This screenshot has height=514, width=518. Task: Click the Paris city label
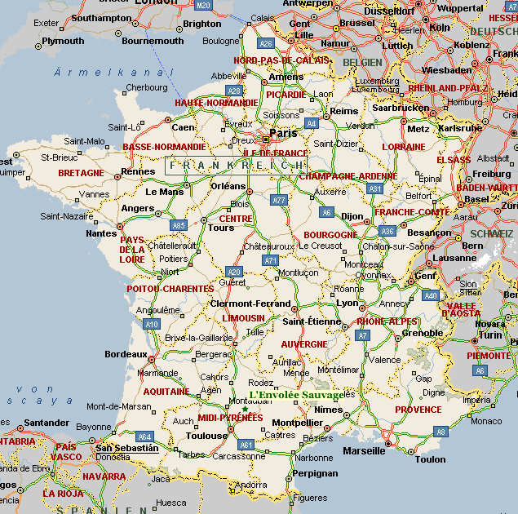pyautogui.click(x=283, y=133)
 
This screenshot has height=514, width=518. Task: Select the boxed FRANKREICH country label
pyautogui.click(x=236, y=165)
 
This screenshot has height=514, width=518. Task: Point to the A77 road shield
pyautogui.click(x=280, y=199)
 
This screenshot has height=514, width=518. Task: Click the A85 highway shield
pyautogui.click(x=179, y=224)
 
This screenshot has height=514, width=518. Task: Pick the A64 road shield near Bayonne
pyautogui.click(x=144, y=436)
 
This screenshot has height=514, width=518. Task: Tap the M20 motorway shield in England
pyautogui.click(x=203, y=5)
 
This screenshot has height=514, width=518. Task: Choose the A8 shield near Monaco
pyautogui.click(x=441, y=431)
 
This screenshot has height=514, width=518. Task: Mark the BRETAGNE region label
pyautogui.click(x=81, y=173)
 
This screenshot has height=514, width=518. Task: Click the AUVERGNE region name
pyautogui.click(x=304, y=344)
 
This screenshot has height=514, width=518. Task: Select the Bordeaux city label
pyautogui.click(x=126, y=354)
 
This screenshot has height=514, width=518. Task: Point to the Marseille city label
pyautogui.click(x=364, y=450)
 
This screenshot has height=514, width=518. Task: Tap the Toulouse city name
pyautogui.click(x=206, y=436)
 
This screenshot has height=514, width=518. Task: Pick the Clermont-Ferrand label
pyautogui.click(x=250, y=304)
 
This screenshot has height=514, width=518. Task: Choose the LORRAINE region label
pyautogui.click(x=403, y=147)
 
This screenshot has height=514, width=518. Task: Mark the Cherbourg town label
pyautogui.click(x=147, y=87)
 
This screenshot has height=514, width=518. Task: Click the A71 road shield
pyautogui.click(x=271, y=259)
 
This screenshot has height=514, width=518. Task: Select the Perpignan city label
pyautogui.click(x=315, y=473)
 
